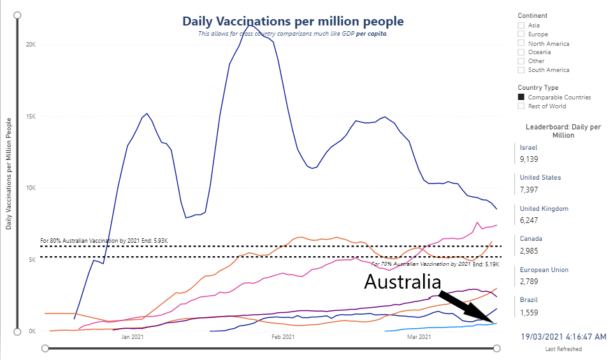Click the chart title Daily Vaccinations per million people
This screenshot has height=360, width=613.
(x=292, y=21)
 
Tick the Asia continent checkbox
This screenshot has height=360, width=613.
(x=521, y=25)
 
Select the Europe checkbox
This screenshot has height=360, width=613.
(x=521, y=34)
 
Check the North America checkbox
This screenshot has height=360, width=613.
(x=521, y=43)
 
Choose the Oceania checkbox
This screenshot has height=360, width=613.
(x=521, y=52)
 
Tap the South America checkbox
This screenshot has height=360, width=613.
(x=521, y=70)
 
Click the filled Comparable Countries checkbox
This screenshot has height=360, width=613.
(x=521, y=97)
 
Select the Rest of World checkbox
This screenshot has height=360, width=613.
(x=521, y=106)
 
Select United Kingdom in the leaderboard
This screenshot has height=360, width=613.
(x=544, y=208)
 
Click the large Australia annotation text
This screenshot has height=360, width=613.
(x=402, y=282)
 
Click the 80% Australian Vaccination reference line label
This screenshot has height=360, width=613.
(x=103, y=241)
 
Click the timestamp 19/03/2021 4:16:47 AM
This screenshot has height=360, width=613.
(x=563, y=336)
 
